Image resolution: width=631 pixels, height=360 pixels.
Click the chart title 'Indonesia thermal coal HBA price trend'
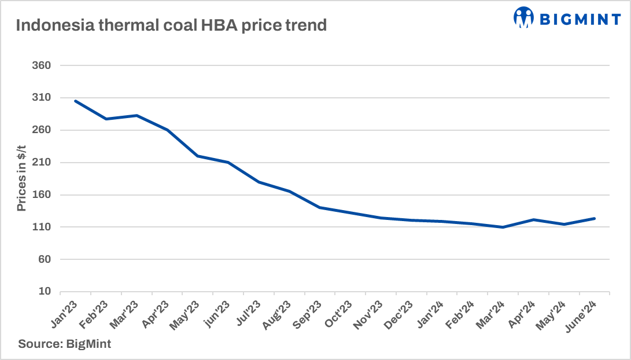(171, 26)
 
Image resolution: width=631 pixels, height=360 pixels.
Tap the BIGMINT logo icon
(523, 18)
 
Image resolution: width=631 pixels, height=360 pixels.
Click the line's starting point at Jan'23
(76, 101)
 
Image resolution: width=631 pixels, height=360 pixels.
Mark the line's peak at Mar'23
(136, 116)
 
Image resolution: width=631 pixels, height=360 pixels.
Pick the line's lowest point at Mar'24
(504, 227)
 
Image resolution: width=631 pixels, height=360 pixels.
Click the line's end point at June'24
(595, 218)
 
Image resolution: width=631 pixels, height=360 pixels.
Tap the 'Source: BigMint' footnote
(64, 344)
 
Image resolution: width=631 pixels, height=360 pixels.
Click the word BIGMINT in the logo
(580, 19)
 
